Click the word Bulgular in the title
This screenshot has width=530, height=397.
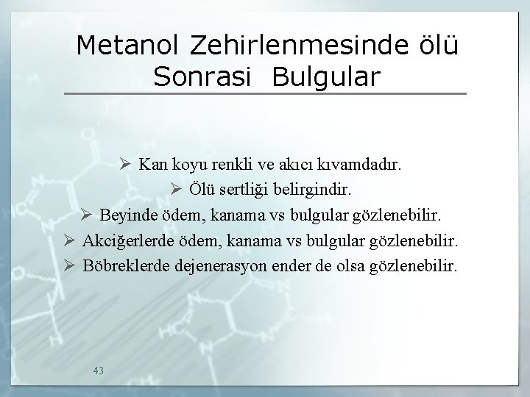[x=327, y=76]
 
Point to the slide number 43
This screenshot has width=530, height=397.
[x=99, y=370]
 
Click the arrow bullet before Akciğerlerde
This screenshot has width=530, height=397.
[x=69, y=240]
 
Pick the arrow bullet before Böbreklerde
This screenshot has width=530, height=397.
[x=69, y=265]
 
